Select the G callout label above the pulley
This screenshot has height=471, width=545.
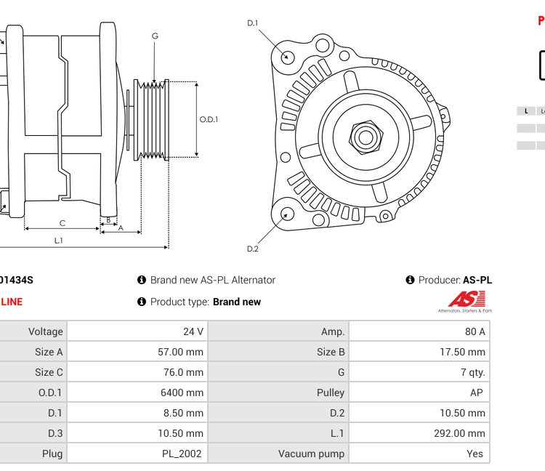click(155, 36)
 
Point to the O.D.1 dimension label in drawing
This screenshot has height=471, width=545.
click(209, 120)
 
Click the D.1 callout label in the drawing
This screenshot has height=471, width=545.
click(252, 23)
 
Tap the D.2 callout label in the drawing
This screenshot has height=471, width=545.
click(252, 249)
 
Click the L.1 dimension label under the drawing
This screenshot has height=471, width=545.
click(59, 240)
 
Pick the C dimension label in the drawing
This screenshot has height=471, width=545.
click(62, 223)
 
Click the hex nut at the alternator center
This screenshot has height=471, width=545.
click(366, 136)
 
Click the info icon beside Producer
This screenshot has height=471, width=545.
click(410, 280)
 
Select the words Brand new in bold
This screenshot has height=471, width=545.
click(236, 302)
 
